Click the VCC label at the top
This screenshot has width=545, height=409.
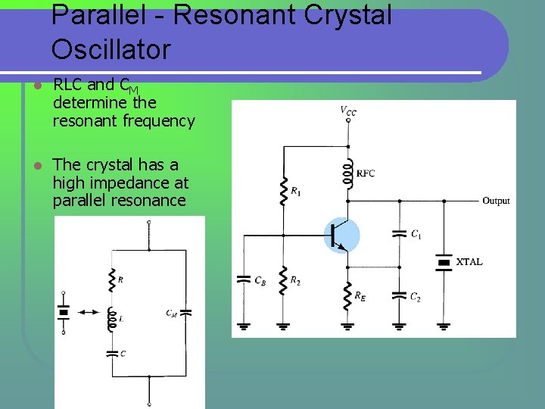(348, 111)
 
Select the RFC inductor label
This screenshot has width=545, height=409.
(366, 173)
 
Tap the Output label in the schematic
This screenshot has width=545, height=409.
(496, 201)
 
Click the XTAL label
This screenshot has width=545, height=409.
(469, 262)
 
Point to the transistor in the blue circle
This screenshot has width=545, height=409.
(343, 235)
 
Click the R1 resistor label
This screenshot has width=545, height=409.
(296, 192)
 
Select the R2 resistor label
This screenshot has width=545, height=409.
(296, 281)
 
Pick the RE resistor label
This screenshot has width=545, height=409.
(360, 297)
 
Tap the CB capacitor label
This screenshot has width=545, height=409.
(260, 281)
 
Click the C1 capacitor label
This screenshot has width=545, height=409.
(416, 235)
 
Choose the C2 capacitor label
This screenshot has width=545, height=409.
(415, 298)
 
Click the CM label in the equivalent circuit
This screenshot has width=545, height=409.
(172, 313)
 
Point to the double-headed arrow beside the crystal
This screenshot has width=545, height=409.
(89, 311)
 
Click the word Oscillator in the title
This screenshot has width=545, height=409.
(111, 50)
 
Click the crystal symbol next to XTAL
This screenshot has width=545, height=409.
(444, 262)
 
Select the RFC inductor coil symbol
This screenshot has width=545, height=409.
(349, 173)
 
